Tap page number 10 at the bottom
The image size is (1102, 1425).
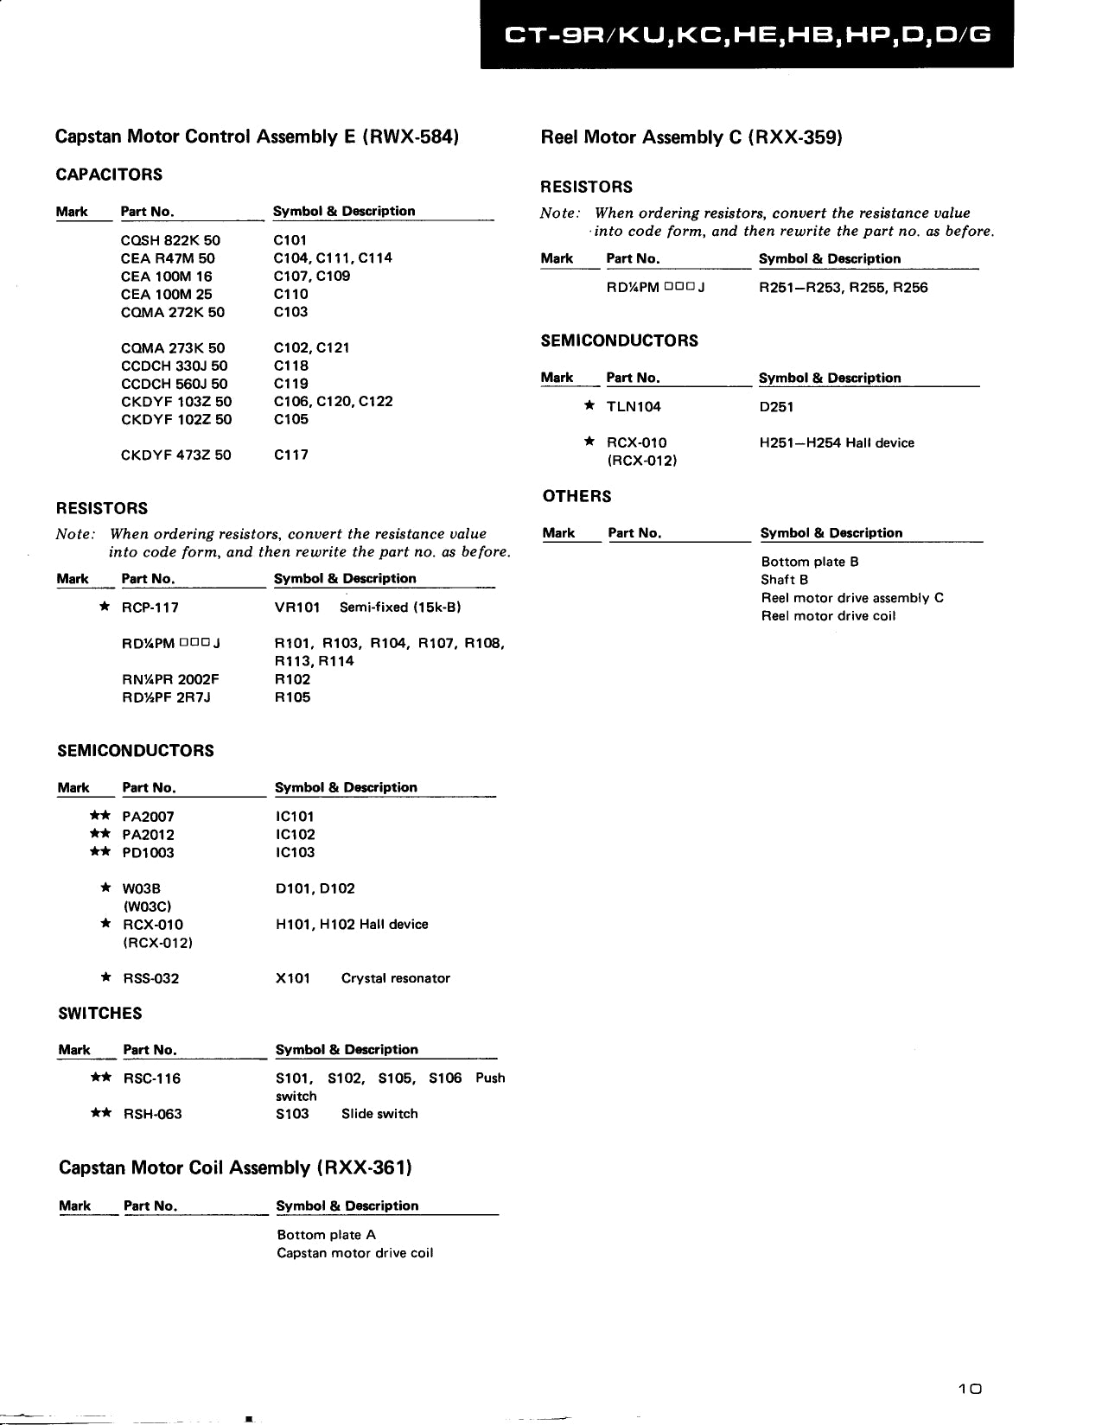coord(971,1390)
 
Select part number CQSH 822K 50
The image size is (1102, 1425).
coord(170,240)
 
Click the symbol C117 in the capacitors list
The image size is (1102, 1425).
coord(290,455)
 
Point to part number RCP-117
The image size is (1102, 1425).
coord(150,608)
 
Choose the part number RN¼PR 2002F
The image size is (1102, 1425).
coord(170,679)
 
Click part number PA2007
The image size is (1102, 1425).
coord(149,817)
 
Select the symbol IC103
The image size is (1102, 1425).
coord(295,853)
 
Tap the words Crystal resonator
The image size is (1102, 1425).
coord(395,978)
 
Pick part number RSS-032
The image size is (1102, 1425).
coord(151,978)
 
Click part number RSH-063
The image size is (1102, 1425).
coord(153,1114)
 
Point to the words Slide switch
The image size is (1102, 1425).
coord(379,1114)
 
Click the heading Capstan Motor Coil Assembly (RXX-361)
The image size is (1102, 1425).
coord(235,1168)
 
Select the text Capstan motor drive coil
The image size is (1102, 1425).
coord(354,1253)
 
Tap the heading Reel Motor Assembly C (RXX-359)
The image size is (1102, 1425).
coord(691,137)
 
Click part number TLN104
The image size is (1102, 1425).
coord(634,407)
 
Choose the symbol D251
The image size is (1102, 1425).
coord(776,407)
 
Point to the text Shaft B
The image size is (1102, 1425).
coord(784,580)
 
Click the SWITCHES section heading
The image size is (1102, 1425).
coord(100,1014)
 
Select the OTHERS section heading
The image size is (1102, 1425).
coord(576,496)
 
